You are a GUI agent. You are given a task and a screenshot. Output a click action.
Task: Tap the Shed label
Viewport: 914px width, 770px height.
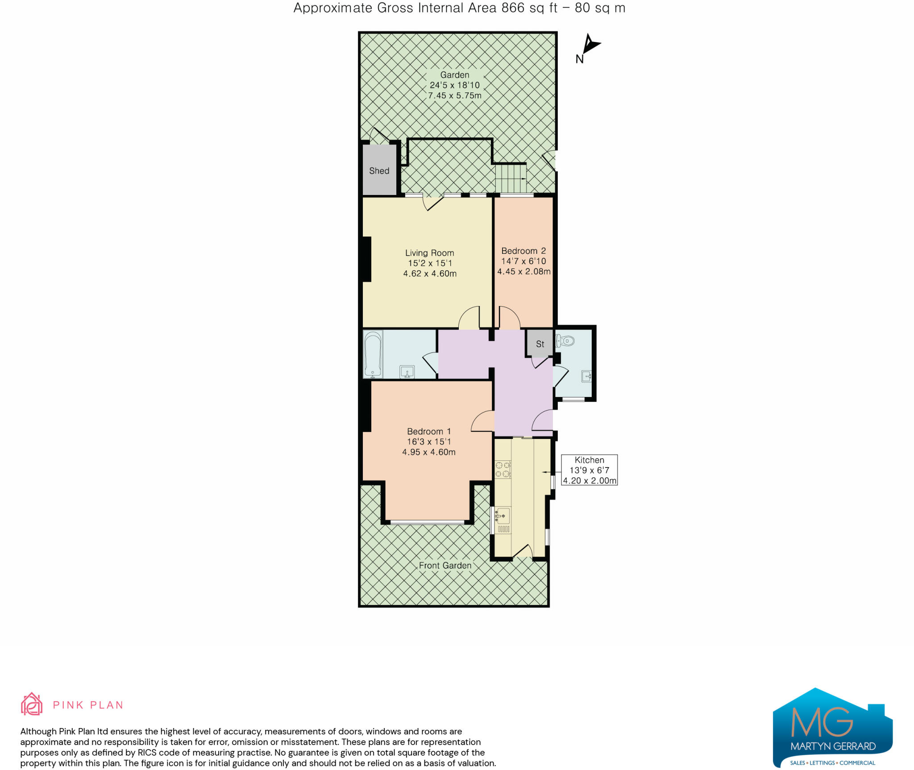coord(379,171)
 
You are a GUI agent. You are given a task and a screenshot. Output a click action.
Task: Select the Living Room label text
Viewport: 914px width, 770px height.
coord(429,253)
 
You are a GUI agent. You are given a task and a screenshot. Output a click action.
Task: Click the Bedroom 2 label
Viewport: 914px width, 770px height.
coord(523,251)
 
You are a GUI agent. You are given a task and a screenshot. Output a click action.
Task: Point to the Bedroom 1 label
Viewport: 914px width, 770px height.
coord(429,431)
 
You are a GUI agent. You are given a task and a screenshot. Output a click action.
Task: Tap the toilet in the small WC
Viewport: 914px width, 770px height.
coord(565,341)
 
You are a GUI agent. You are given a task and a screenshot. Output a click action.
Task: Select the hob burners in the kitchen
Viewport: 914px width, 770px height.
coord(503,469)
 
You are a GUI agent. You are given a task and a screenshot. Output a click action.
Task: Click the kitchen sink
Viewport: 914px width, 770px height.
coord(503,516)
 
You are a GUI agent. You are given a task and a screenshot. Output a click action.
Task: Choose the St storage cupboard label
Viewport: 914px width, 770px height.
coord(540,344)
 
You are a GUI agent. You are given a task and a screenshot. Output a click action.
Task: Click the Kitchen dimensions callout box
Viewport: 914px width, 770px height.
coord(589,470)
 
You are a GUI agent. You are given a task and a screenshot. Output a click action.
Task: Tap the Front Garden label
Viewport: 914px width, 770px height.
coord(445,566)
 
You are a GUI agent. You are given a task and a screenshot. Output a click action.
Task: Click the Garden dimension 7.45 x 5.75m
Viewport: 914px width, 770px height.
coord(455,95)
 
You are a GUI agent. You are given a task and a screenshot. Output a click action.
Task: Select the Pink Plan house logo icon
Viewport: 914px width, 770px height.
coord(32,704)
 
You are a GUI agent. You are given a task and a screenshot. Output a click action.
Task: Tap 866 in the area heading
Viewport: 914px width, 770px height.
coord(513,8)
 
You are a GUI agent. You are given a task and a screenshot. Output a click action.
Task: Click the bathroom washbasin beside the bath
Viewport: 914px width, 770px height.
coord(407,372)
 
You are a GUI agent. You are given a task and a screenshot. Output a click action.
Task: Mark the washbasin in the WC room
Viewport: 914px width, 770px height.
coord(586,377)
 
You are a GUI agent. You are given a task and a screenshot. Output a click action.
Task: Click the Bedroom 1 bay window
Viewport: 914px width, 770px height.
coord(427,522)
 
